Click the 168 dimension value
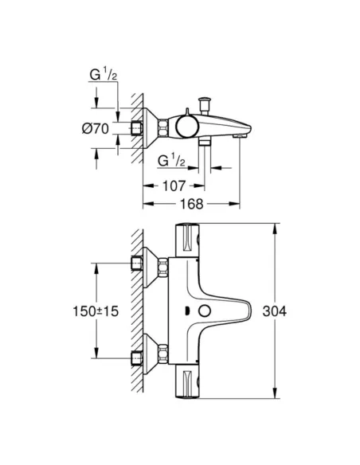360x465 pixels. tap(191, 204)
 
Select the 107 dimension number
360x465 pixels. tap(174, 187)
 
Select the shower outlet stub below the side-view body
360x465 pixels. tap(205, 143)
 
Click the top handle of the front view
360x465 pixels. tap(190, 240)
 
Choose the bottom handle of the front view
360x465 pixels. tap(190, 379)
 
